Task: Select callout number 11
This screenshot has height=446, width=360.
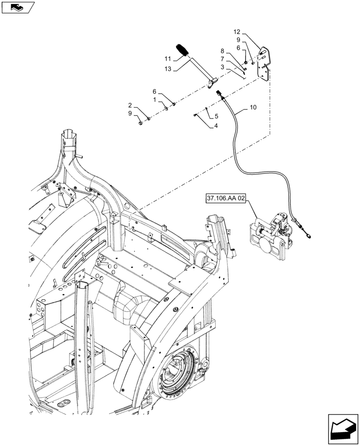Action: coord(167,58)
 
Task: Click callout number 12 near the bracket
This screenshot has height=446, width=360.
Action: coord(236,32)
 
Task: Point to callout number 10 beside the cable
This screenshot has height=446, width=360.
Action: coord(253,107)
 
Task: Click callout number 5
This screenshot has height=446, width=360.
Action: coord(216,116)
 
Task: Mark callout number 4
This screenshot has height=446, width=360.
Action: coord(216,126)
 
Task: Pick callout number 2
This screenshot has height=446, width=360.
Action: coord(130,105)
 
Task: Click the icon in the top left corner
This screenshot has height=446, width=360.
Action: coord(17,7)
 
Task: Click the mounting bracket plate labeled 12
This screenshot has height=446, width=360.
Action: coord(265,65)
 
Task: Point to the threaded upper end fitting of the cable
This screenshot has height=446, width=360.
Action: coord(220,93)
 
